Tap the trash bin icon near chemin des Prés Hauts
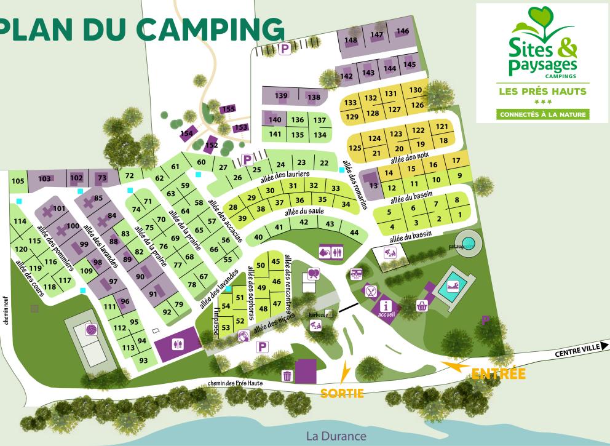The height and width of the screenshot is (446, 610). click(x=287, y=375)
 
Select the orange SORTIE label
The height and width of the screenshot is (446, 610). click(x=342, y=393)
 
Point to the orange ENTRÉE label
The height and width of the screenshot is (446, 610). click(x=498, y=373)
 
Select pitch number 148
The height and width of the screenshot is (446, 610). click(x=351, y=40)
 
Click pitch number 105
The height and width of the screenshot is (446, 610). click(x=18, y=180)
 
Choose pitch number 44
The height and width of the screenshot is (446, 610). click(x=353, y=232)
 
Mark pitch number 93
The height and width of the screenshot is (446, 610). click(x=144, y=360)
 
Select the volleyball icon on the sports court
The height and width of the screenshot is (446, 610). click(x=91, y=330)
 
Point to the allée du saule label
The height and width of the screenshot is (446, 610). click(x=299, y=212)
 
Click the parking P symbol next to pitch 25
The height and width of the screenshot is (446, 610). click(x=247, y=159)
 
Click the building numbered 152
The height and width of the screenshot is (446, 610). click(x=212, y=145)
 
